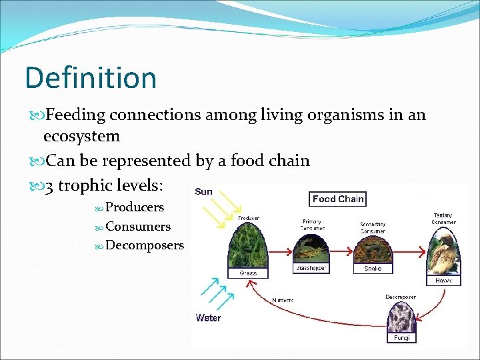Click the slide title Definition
coord(91,78)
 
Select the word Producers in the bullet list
coord(134,207)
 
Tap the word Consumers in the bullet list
coord(137,227)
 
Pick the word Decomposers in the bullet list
coord(144,245)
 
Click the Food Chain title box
coord(338,199)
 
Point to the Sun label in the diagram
coord(203,192)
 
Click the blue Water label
coord(208,318)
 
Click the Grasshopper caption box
coord(311,268)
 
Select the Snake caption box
coord(373,269)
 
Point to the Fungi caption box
coord(402,338)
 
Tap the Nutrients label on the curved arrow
coord(283,300)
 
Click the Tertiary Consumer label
coord(443,219)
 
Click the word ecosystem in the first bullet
coord(81,137)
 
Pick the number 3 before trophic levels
coord(49,185)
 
